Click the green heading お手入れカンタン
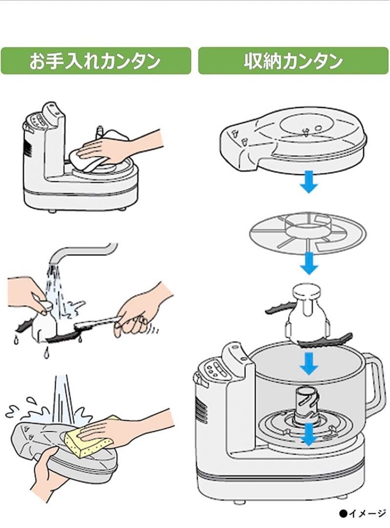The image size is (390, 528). pos(96,61)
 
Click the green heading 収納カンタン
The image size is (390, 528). pos(293,61)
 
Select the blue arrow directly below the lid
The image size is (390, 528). pos(309,181)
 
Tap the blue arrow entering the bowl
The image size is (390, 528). pos(309,364)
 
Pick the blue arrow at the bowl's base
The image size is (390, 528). pos(309,435)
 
